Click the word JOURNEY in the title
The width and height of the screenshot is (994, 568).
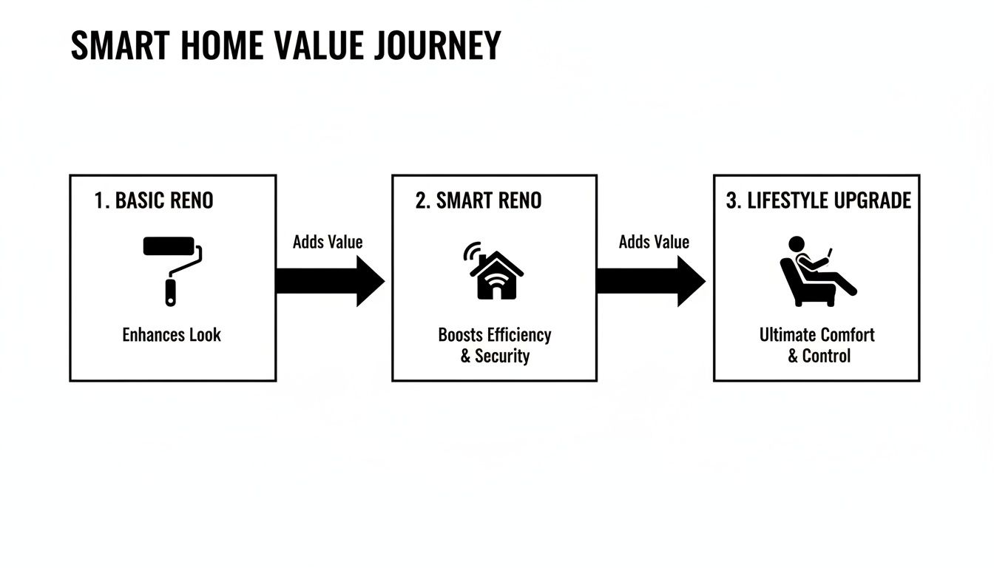438,46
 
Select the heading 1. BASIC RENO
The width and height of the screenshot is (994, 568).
154,200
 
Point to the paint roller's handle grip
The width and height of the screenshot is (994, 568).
172,291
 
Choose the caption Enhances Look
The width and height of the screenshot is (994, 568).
172,335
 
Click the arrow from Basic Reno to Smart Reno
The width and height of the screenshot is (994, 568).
330,281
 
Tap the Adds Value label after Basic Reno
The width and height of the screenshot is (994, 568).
328,242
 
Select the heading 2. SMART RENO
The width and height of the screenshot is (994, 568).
479,200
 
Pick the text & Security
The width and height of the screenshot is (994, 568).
495,356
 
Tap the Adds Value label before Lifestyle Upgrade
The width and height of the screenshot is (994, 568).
654,242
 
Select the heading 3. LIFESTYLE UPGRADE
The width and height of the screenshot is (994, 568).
819,200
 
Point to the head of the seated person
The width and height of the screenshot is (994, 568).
797,244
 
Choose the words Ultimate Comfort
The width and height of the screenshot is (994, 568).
816,335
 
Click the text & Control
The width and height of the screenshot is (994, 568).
819,356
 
